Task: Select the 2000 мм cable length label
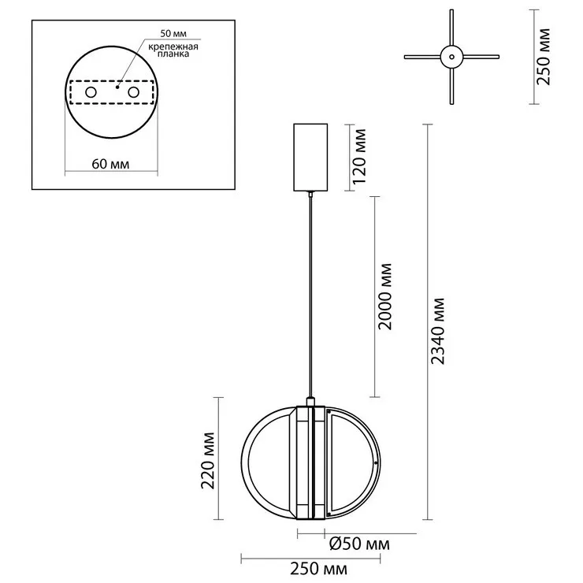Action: click(x=385, y=297)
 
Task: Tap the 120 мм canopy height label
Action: click(x=359, y=157)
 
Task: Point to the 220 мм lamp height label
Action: click(x=208, y=460)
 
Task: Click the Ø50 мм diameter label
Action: click(x=359, y=544)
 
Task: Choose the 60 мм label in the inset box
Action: click(x=110, y=164)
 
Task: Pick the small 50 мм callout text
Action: click(x=173, y=33)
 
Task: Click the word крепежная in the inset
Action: click(x=173, y=46)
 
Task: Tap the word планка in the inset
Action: click(x=173, y=54)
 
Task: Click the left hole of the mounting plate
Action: click(x=91, y=92)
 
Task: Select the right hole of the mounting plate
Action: click(x=133, y=92)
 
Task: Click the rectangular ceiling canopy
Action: click(x=310, y=158)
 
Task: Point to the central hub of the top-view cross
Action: click(x=451, y=57)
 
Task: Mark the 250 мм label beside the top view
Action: click(x=544, y=57)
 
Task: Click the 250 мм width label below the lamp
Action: click(x=319, y=569)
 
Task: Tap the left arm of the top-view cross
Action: click(x=423, y=57)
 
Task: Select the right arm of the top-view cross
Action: click(x=481, y=57)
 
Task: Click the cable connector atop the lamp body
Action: click(x=310, y=402)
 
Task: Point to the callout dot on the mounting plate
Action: click(x=117, y=87)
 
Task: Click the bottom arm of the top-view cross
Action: click(x=451, y=86)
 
